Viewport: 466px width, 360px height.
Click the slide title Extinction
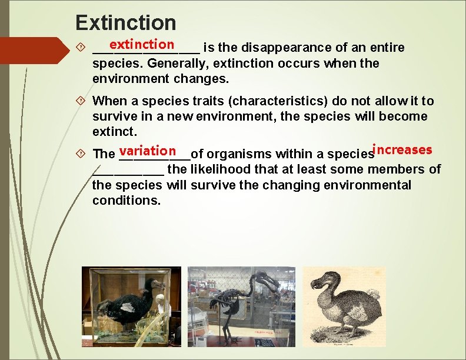click(126, 23)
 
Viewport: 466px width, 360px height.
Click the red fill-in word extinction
click(141, 44)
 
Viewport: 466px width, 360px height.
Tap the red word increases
click(403, 149)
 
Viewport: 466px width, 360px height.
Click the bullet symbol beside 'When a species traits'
click(81, 101)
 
